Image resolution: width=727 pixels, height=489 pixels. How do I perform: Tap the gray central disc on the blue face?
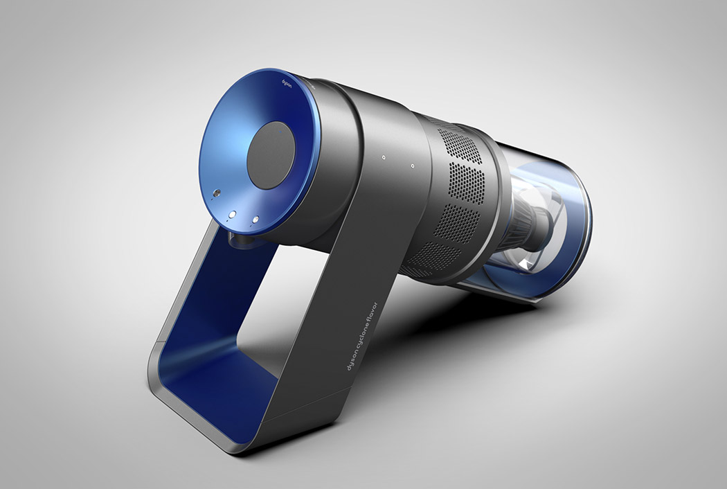271,155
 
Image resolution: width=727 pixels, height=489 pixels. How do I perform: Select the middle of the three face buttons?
233,214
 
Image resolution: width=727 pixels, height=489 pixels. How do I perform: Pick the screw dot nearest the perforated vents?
412,166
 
